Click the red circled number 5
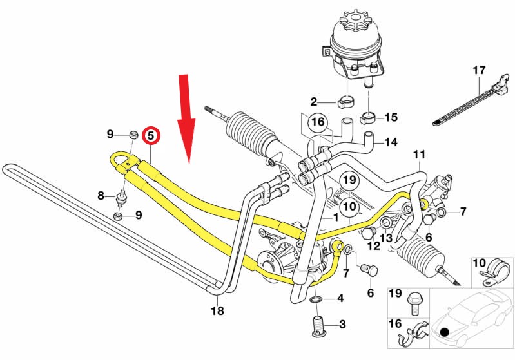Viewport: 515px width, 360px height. click(x=150, y=135)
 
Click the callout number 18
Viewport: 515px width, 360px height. click(x=218, y=311)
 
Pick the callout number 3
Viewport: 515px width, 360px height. click(x=342, y=324)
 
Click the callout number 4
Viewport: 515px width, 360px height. click(x=341, y=298)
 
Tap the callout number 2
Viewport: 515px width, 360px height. click(x=314, y=101)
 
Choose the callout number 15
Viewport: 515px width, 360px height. click(x=392, y=117)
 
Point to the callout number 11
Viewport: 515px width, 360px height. click(x=420, y=155)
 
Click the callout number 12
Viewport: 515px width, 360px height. click(x=374, y=246)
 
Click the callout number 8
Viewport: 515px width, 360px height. click(x=101, y=195)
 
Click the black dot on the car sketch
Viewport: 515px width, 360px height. click(x=444, y=332)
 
